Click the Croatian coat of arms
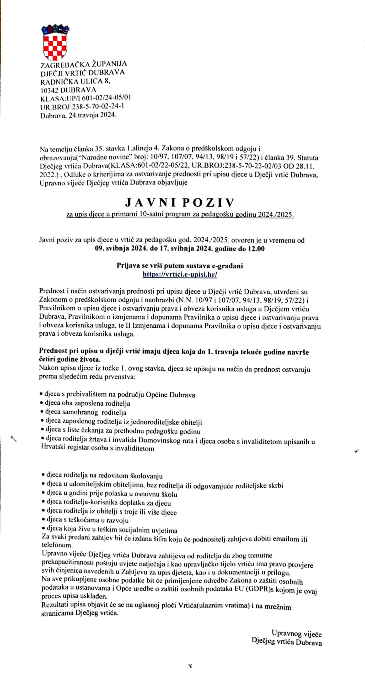point(55,42)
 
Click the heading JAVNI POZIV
point(180,202)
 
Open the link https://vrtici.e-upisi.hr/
point(180,274)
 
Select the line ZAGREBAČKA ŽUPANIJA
point(83,64)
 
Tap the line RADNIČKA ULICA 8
point(75,81)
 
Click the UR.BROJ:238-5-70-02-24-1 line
point(82,107)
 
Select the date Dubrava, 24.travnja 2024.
point(78,115)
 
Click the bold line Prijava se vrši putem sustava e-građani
point(180,265)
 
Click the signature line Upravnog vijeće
point(296,634)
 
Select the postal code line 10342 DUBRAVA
point(68,90)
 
